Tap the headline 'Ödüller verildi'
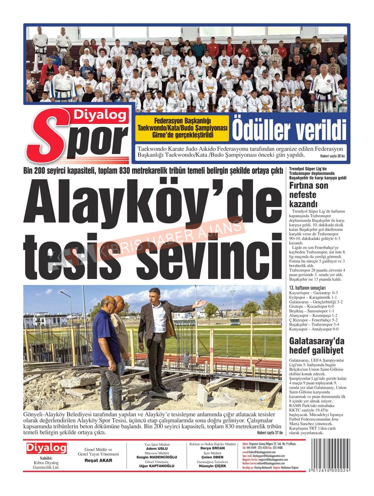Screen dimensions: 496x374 (289, 129)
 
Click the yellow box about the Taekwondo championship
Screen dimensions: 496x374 (182, 128)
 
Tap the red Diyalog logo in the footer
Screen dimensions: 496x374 (46, 448)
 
